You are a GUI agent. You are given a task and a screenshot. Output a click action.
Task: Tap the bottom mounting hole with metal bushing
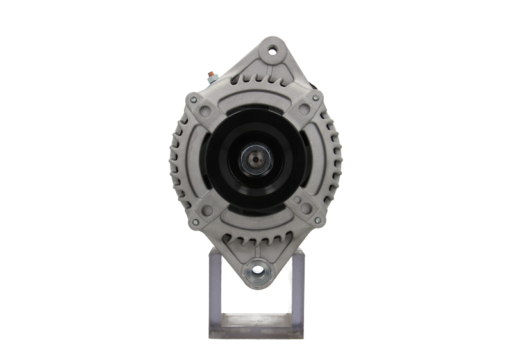coord(256,270)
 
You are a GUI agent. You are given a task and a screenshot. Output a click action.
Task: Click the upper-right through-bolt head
coord(315,98)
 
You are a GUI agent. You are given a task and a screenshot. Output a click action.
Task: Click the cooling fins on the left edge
coord(177,160)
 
